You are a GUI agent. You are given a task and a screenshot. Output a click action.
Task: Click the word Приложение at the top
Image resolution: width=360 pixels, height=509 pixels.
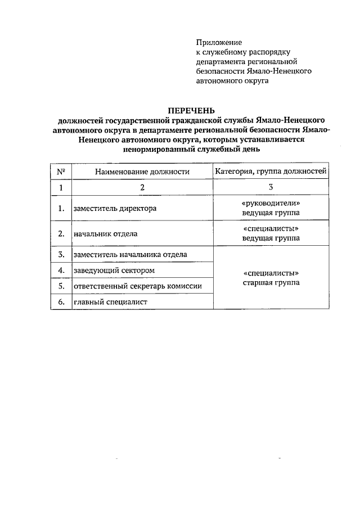[219, 42]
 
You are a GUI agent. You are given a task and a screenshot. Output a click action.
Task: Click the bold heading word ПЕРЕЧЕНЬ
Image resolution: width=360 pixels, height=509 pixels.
[192, 110]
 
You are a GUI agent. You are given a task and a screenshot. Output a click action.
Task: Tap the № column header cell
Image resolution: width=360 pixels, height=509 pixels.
[61, 172]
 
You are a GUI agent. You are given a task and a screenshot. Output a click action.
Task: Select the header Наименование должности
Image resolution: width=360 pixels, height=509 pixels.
[142, 172]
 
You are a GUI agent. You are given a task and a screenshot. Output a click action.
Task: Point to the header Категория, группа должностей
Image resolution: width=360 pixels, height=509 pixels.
[271, 172]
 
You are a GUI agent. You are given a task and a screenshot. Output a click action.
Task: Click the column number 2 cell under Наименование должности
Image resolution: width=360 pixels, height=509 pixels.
[142, 188]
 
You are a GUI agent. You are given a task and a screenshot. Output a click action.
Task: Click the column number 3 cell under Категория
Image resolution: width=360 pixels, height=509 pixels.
[271, 188]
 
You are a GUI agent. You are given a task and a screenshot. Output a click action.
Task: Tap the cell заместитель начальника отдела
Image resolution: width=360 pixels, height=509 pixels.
[130, 255]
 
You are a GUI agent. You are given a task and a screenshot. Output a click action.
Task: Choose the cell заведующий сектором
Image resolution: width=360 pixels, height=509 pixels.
[114, 271]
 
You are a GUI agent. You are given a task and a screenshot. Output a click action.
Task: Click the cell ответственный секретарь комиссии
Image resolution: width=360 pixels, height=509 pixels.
[137, 286]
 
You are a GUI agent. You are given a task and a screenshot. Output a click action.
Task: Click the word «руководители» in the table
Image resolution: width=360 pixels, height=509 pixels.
[271, 203]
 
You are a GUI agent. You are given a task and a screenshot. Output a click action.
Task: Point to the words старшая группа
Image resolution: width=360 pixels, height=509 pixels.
[271, 283]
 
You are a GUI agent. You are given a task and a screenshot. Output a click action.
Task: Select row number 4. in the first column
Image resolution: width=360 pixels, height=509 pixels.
[61, 271]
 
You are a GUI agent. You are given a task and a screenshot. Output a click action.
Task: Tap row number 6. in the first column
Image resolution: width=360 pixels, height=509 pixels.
[61, 303]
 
